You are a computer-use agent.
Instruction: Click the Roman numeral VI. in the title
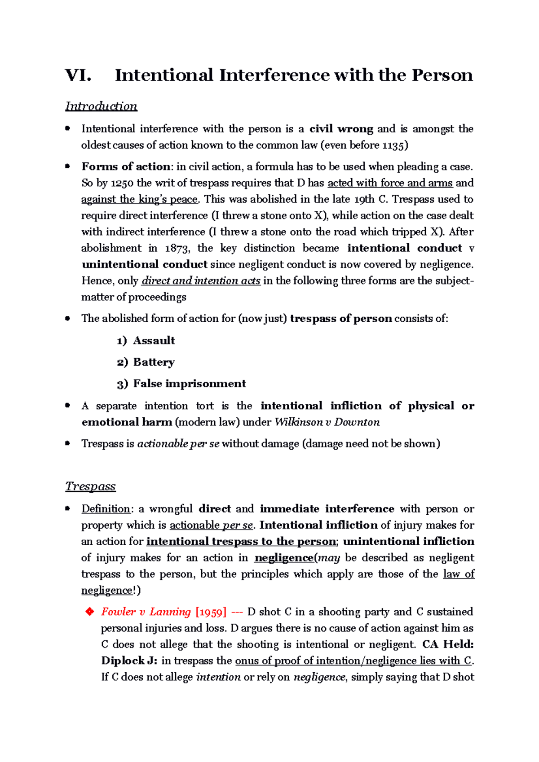click(x=78, y=75)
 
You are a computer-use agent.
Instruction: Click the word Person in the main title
click(x=442, y=75)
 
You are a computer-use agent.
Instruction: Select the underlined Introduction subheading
click(x=101, y=106)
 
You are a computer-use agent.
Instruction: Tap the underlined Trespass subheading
click(x=90, y=486)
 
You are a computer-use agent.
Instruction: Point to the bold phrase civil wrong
click(x=341, y=129)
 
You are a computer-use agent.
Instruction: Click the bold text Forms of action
click(x=126, y=167)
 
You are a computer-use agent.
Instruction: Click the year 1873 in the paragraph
click(x=177, y=248)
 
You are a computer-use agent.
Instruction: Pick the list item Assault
click(x=154, y=341)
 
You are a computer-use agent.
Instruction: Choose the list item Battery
click(x=154, y=362)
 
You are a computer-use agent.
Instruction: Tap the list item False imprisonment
click(x=189, y=384)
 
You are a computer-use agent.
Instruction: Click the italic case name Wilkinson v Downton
click(x=327, y=422)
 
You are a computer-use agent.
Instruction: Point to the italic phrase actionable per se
click(x=178, y=444)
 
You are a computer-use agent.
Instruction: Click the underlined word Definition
click(x=106, y=509)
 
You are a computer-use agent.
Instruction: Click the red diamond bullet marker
click(x=89, y=612)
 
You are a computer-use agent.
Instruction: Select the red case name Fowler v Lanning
click(x=146, y=612)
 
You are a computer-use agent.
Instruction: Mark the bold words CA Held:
click(x=448, y=644)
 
